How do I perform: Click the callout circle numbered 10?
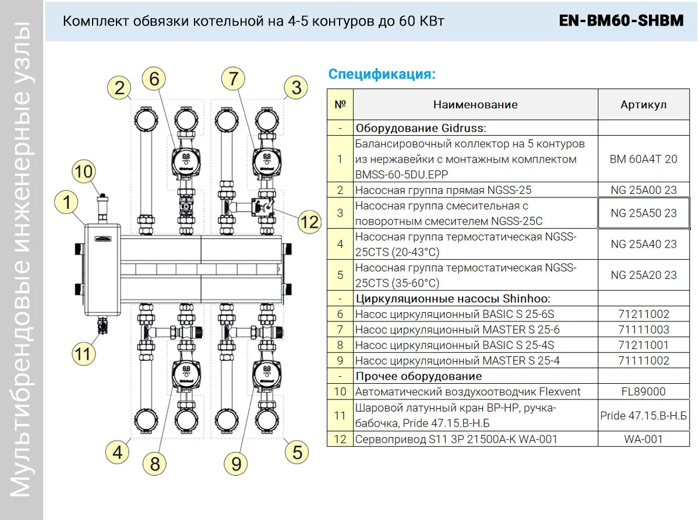(x=84, y=172)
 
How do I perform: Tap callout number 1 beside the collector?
(x=67, y=203)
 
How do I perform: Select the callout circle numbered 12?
(x=309, y=221)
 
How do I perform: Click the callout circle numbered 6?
(x=154, y=79)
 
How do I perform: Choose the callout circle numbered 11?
(x=84, y=353)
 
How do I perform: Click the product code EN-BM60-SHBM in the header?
(x=621, y=22)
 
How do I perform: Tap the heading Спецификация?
(x=382, y=75)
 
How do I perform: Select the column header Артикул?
(x=643, y=105)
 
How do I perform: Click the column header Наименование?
(x=475, y=105)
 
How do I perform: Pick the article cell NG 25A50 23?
(x=643, y=213)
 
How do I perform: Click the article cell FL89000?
(x=643, y=392)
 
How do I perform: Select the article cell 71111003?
(x=643, y=330)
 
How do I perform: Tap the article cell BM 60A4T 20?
(x=643, y=159)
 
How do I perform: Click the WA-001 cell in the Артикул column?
(x=643, y=439)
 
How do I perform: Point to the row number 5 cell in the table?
(x=340, y=275)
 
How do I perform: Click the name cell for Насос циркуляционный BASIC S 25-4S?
(x=454, y=345)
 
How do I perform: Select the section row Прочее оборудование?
(x=418, y=376)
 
